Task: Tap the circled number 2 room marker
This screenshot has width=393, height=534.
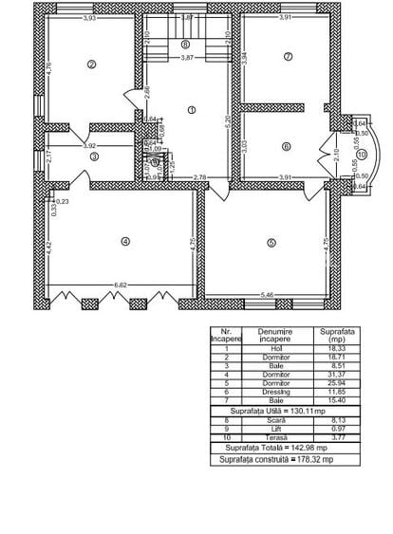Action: (92, 64)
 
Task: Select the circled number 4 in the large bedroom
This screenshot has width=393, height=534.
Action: (124, 241)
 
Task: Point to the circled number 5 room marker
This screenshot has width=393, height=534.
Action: (271, 243)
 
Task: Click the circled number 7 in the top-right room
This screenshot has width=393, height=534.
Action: (287, 56)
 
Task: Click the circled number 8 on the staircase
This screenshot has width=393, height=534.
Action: (185, 44)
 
